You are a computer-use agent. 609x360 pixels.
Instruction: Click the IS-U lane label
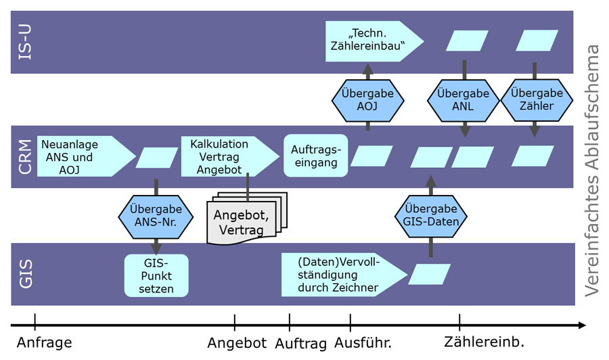[x=26, y=42]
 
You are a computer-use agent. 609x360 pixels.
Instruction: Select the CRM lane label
[x=26, y=157]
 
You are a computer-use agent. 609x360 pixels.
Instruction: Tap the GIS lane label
[x=26, y=274]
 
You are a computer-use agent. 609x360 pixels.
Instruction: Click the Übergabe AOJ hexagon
[x=367, y=101]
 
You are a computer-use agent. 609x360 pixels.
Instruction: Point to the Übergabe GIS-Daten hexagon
[x=430, y=216]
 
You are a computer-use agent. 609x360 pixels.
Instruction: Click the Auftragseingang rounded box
[x=315, y=156]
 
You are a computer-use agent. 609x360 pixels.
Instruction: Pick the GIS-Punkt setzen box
[x=156, y=275]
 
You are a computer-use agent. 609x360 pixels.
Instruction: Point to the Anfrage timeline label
[x=44, y=342]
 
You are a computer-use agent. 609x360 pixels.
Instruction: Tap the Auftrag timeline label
[x=301, y=343]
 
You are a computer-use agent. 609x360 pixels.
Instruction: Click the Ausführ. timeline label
[x=363, y=342]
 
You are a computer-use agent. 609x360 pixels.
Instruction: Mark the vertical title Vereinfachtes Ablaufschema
[x=592, y=169]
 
